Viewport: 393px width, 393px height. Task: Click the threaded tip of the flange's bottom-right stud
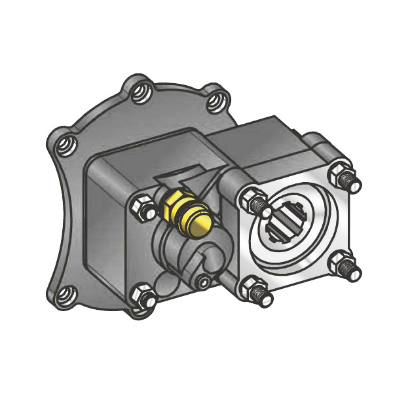pyautogui.click(x=354, y=272)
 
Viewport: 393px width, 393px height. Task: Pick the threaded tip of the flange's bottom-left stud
pyautogui.click(x=265, y=299)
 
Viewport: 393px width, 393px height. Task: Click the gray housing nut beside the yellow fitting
pyautogui.click(x=141, y=208)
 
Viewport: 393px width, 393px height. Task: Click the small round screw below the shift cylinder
pyautogui.click(x=204, y=282)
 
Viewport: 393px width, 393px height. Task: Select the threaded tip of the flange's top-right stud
pyautogui.click(x=352, y=182)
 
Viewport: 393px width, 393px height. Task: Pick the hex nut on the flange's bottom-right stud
pyautogui.click(x=339, y=263)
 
